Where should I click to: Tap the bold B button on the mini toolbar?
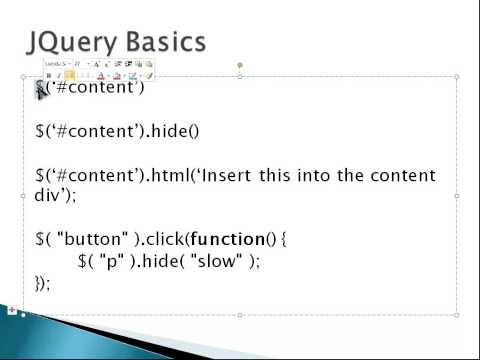tap(48, 75)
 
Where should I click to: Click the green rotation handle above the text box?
tap(239, 66)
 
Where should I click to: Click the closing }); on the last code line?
tap(42, 283)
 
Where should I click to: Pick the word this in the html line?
tap(275, 176)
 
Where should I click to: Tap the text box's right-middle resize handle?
tap(458, 196)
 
